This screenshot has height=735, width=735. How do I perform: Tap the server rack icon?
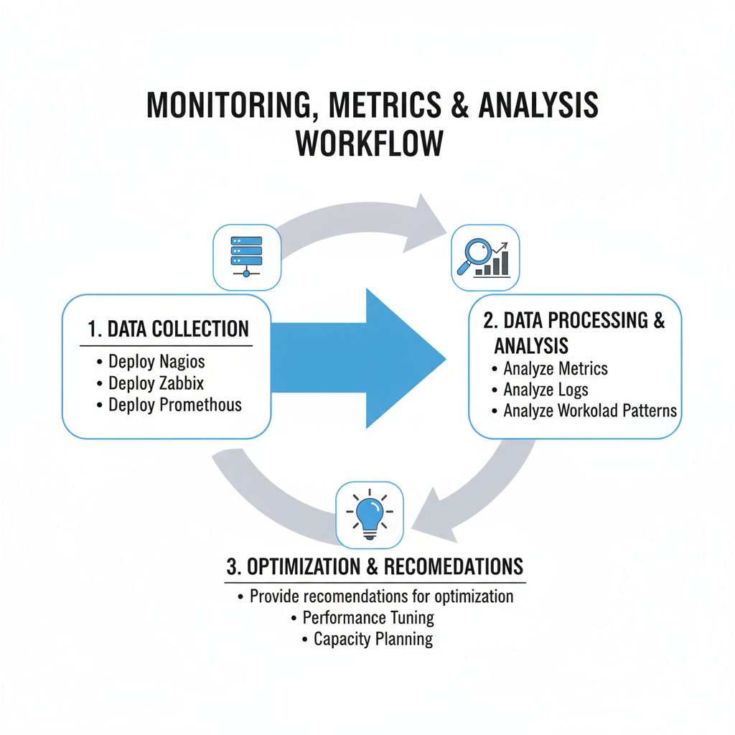(x=247, y=256)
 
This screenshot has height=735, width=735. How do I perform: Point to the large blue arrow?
(x=359, y=357)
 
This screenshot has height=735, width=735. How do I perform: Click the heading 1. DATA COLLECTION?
(x=168, y=329)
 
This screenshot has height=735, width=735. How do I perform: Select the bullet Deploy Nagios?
(x=156, y=362)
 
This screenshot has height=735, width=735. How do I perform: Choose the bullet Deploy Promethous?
(x=174, y=405)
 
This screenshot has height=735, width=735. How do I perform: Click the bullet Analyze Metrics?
(x=555, y=369)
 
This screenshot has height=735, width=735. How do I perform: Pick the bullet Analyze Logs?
(x=546, y=390)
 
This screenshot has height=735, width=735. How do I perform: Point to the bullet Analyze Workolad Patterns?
(x=589, y=411)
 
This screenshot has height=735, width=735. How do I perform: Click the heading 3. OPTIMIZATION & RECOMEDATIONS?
(x=375, y=566)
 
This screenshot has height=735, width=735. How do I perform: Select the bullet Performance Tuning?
(x=368, y=617)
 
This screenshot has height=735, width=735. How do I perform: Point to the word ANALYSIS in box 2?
(x=531, y=347)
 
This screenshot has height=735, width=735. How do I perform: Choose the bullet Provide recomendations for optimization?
(x=381, y=596)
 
